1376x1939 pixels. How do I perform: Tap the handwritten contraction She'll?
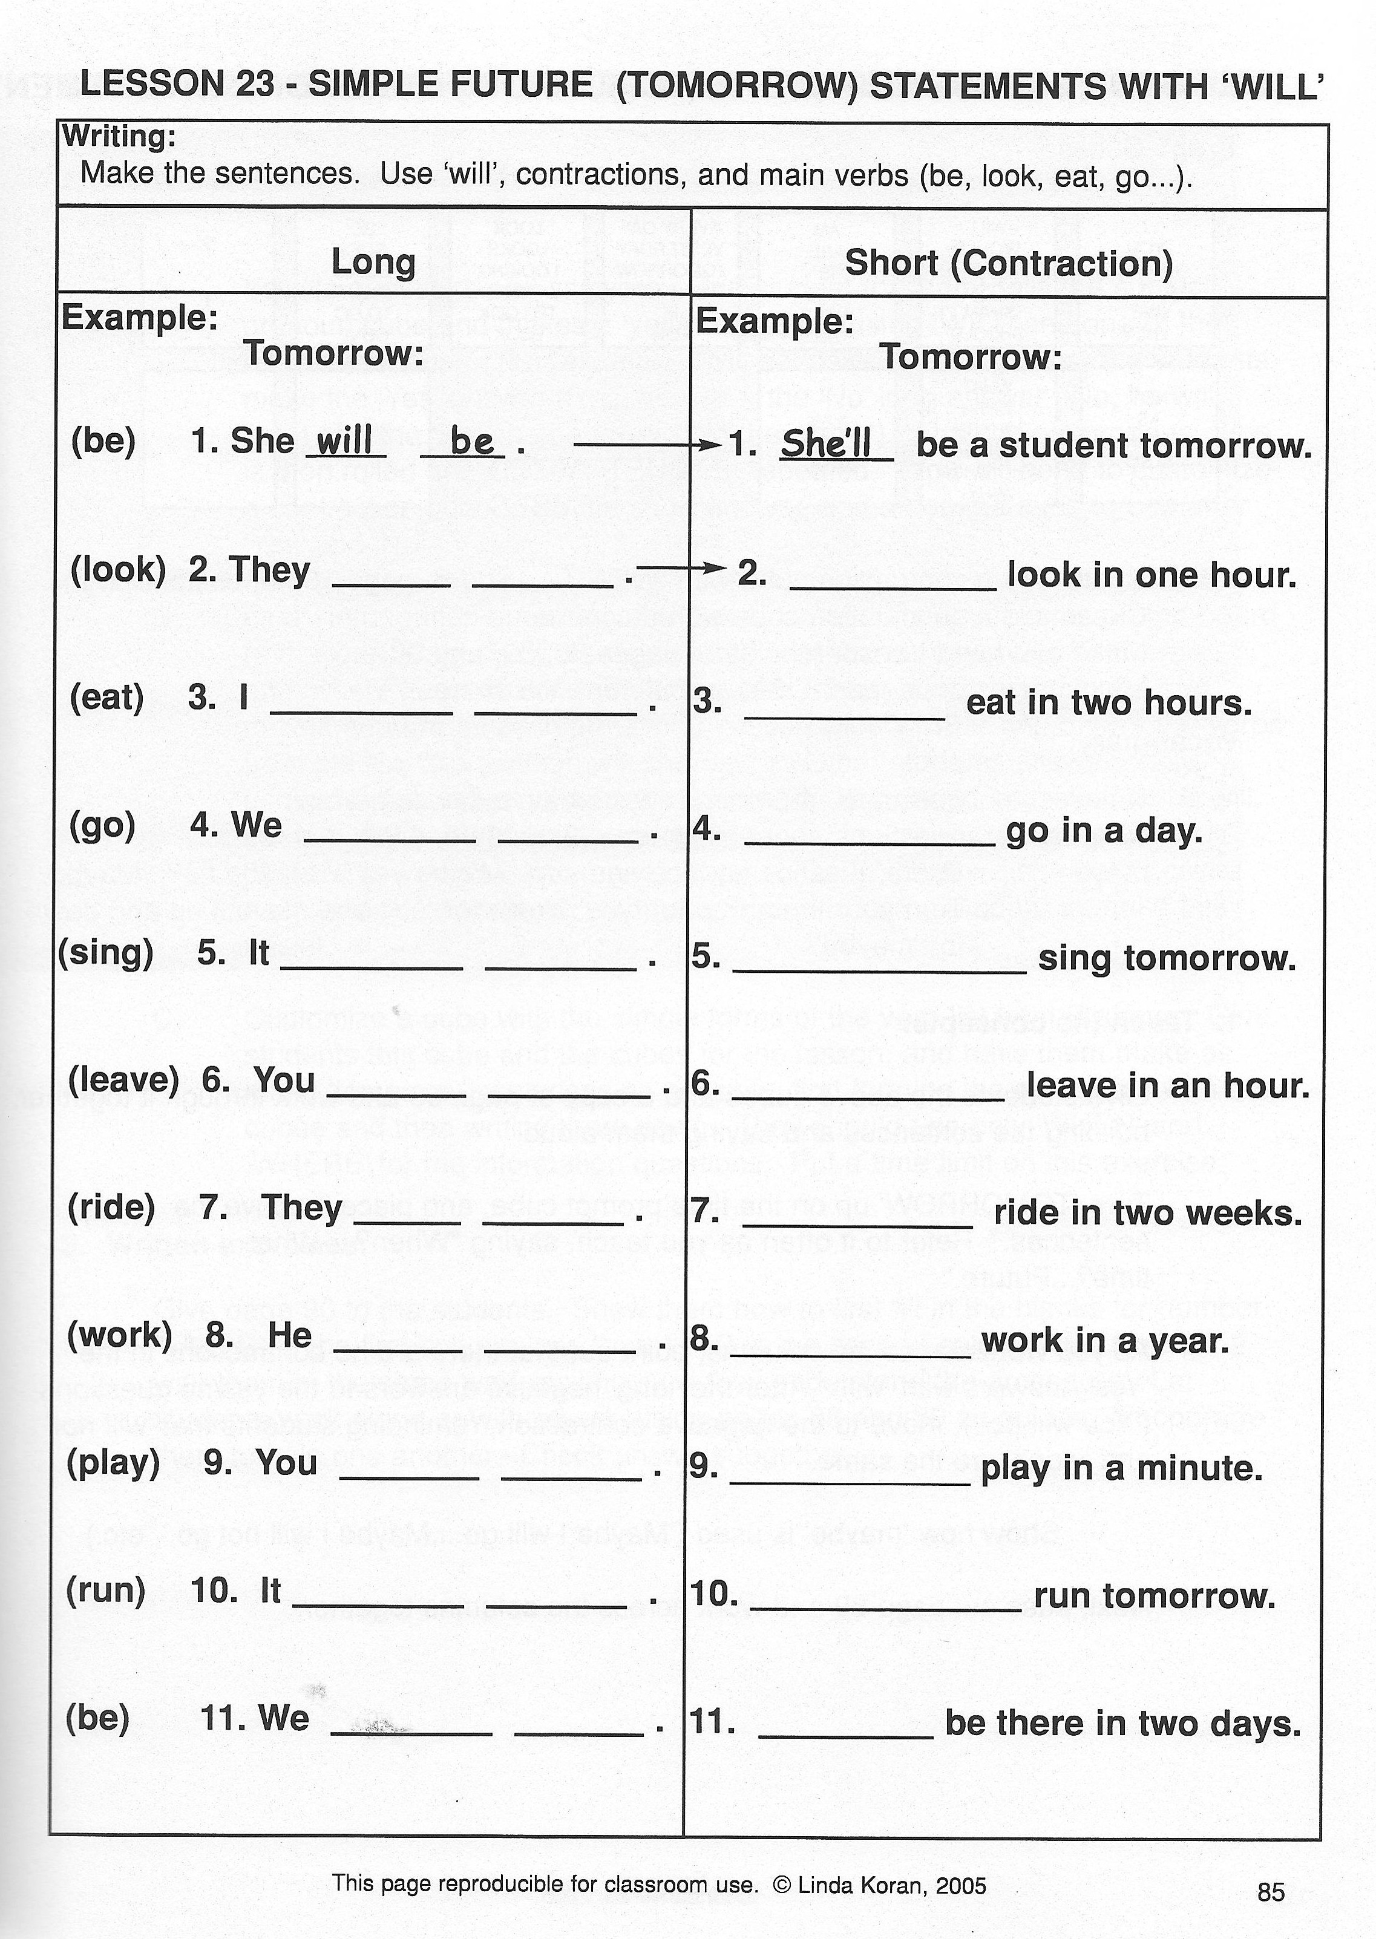(826, 444)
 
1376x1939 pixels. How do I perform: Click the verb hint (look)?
(118, 570)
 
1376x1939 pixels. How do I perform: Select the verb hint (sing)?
(106, 953)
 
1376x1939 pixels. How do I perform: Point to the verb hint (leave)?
(123, 1080)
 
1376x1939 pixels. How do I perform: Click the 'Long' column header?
(373, 263)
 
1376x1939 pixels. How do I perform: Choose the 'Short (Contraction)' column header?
(1008, 263)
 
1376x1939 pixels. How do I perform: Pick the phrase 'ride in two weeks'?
(1147, 1214)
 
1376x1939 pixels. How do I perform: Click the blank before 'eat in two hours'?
(844, 711)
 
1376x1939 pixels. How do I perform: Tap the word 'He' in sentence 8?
(290, 1336)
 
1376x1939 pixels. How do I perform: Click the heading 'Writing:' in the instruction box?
(119, 136)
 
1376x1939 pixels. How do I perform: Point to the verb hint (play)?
(113, 1463)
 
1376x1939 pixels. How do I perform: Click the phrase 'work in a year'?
(1104, 1341)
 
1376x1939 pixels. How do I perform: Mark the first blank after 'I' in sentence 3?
(361, 705)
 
